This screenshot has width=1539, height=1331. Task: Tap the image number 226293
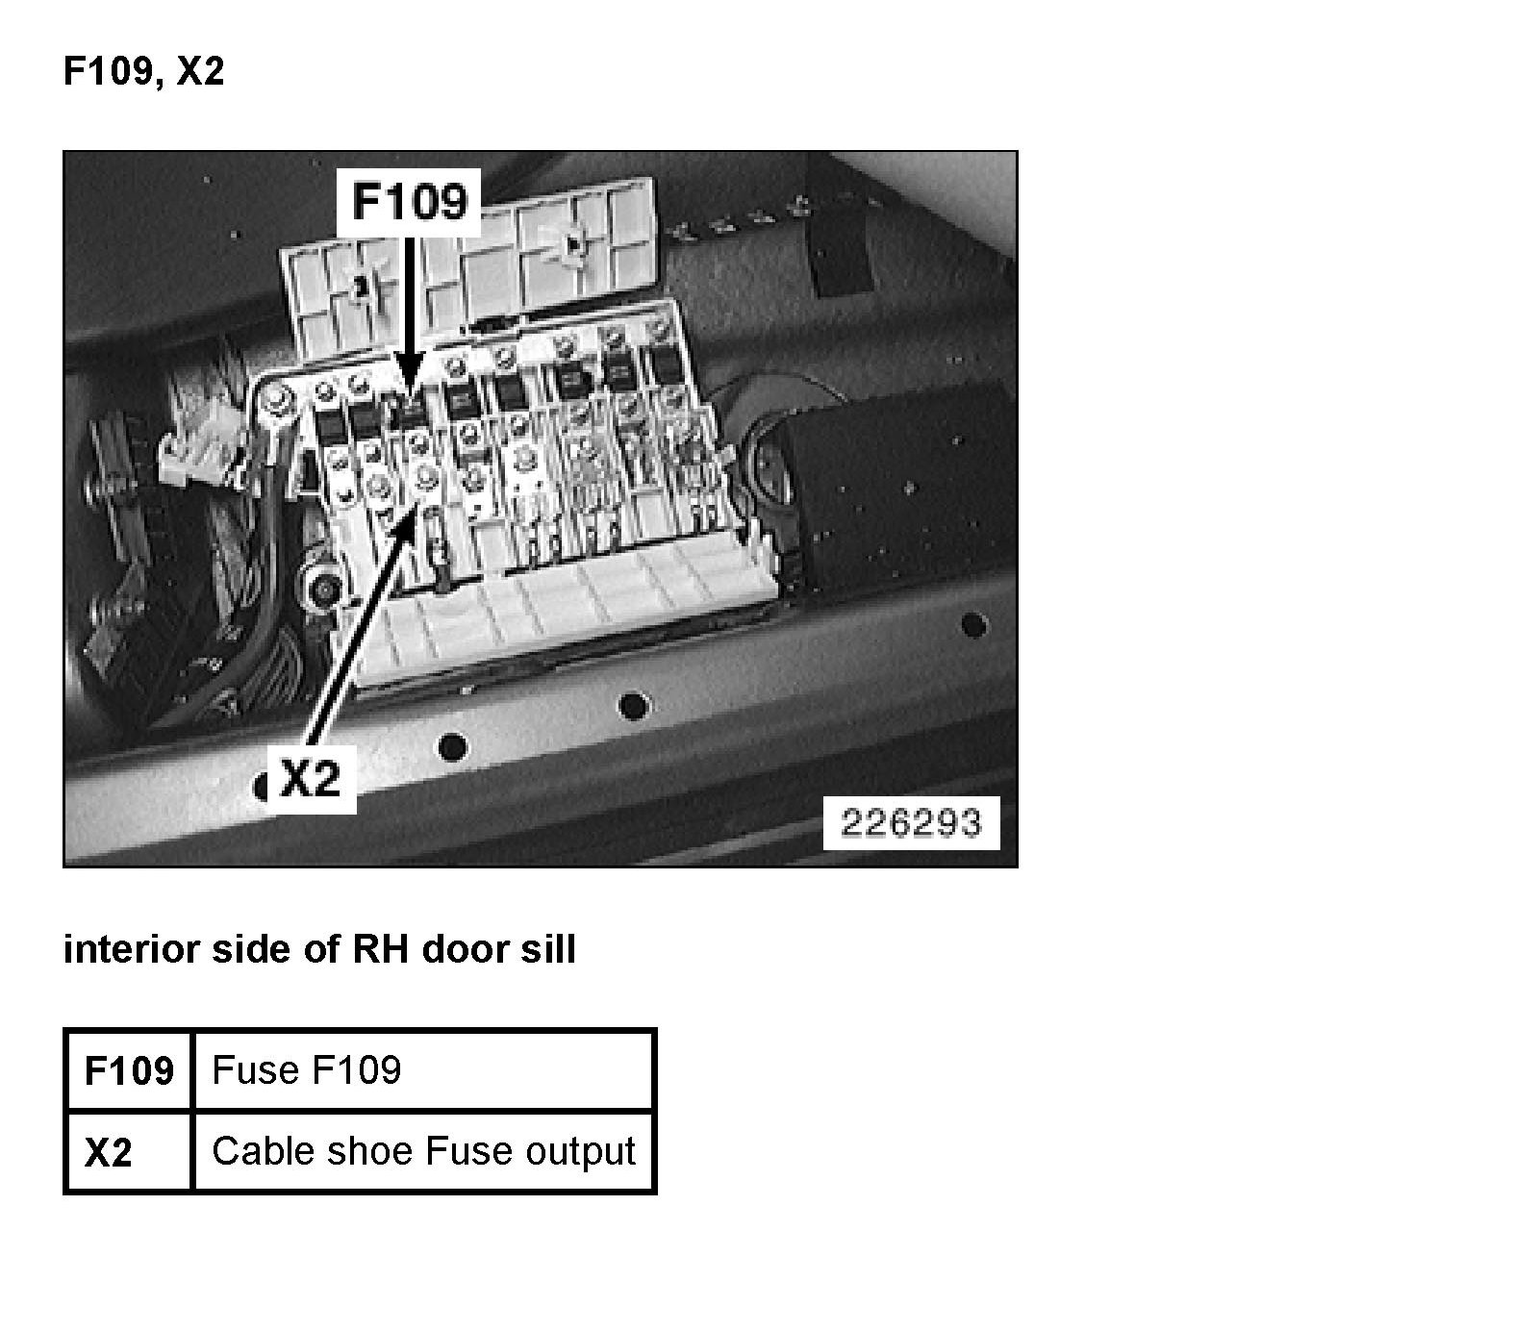click(911, 823)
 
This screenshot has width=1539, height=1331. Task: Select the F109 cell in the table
click(129, 1070)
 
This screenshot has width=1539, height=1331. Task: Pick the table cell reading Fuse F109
click(423, 1070)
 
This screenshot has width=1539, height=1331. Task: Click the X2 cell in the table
click(129, 1152)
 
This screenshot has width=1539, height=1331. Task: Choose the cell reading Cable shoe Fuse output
click(423, 1152)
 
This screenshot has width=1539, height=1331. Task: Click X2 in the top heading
click(200, 72)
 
